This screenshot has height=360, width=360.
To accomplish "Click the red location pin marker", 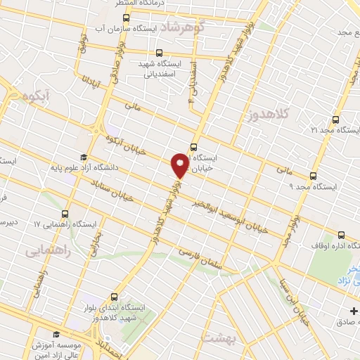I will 180,165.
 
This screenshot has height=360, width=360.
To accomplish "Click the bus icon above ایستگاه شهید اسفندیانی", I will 159,53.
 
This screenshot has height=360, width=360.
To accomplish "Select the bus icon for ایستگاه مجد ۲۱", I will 335,120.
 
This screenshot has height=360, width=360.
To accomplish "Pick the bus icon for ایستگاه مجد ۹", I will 313,176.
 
